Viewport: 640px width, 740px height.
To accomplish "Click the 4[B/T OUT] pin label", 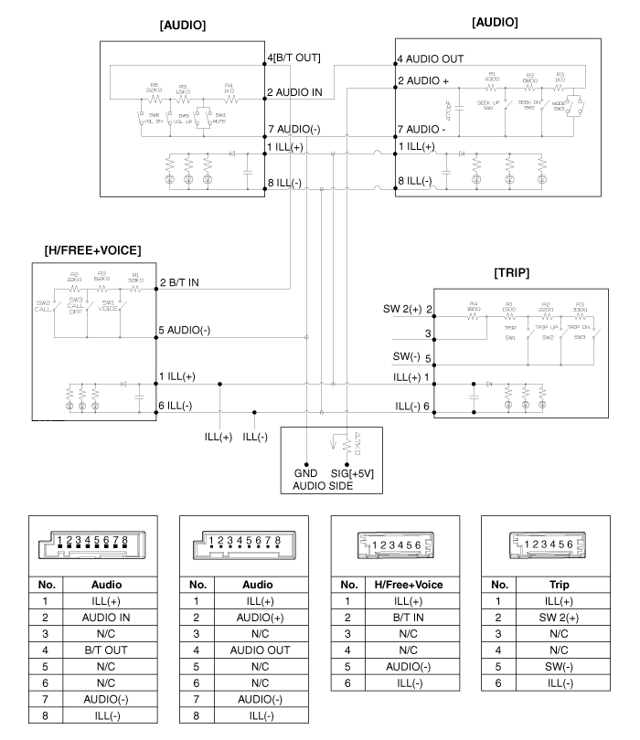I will point(293,58).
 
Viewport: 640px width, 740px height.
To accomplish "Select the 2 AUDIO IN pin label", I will point(294,91).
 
